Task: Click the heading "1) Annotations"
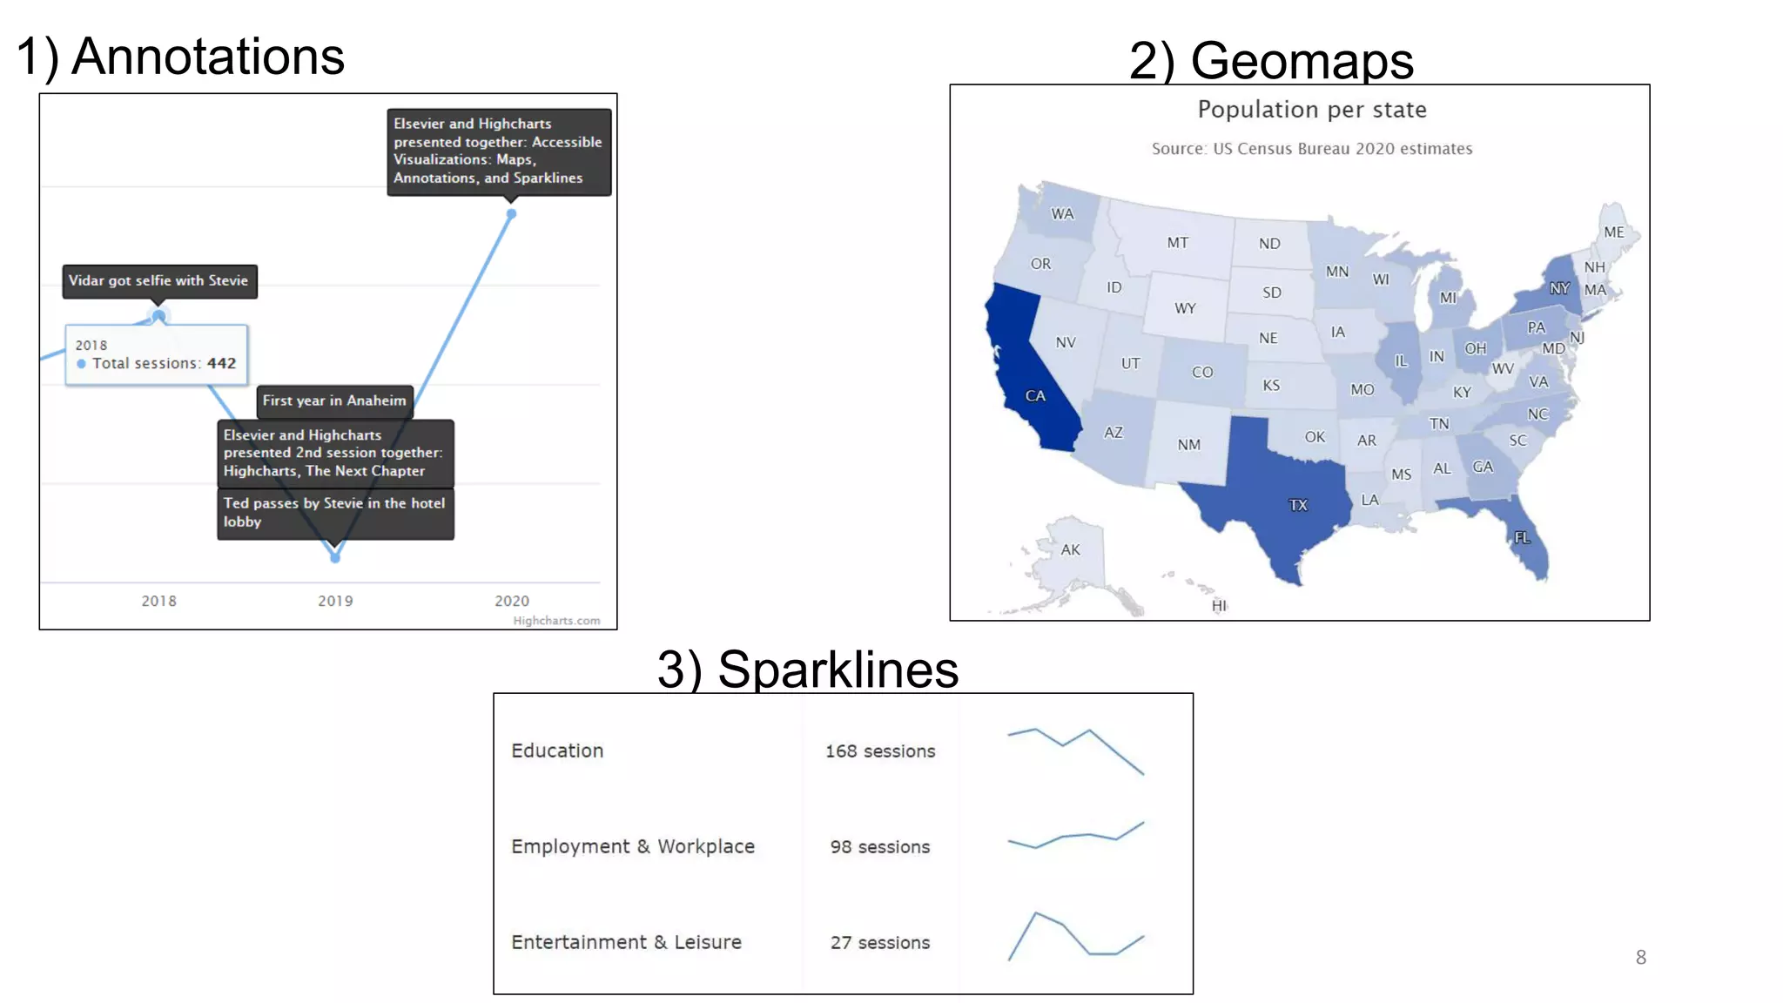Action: (x=180, y=57)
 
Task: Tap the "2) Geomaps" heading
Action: (x=1271, y=61)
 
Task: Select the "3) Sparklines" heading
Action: (x=808, y=670)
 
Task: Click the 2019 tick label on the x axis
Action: (x=335, y=601)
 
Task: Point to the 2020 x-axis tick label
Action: (x=512, y=601)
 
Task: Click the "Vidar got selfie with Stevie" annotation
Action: (x=159, y=281)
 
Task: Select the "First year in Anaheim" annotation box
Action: (x=334, y=401)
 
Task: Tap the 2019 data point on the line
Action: (x=335, y=557)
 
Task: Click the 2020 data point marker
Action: (x=512, y=213)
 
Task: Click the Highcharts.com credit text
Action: (x=556, y=621)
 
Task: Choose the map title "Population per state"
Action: (x=1312, y=110)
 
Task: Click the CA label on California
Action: (x=1035, y=396)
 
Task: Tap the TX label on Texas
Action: (x=1298, y=505)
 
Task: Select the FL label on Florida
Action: (x=1522, y=538)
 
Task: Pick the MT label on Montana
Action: (x=1178, y=243)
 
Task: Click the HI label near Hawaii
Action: (x=1219, y=606)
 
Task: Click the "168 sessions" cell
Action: (x=880, y=751)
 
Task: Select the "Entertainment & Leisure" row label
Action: (x=626, y=942)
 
